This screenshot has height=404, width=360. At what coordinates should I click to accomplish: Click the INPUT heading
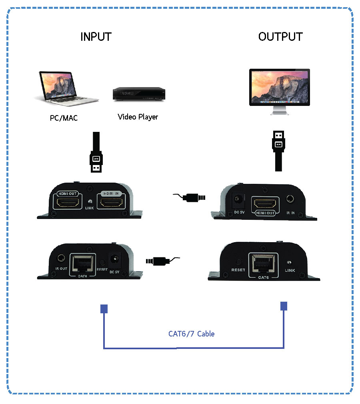click(96, 36)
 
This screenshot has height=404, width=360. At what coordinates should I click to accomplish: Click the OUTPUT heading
click(280, 36)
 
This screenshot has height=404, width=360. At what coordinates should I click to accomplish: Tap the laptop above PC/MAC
click(68, 89)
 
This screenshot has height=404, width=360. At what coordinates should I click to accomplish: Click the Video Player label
click(138, 117)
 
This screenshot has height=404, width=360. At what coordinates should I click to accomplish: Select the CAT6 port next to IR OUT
click(83, 263)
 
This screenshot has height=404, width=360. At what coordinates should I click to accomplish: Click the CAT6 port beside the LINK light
click(262, 263)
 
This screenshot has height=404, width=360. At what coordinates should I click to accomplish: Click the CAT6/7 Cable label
click(191, 333)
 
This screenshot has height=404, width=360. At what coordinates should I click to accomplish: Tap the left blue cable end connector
click(104, 309)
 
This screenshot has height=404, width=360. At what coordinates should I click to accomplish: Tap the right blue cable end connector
click(284, 306)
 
